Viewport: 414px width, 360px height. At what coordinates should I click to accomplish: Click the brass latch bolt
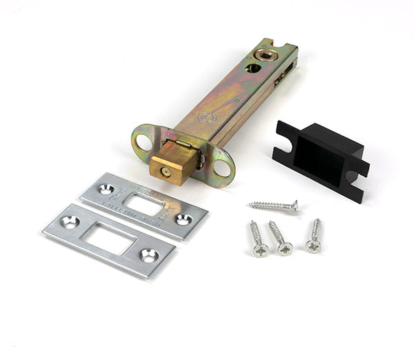pos(170,164)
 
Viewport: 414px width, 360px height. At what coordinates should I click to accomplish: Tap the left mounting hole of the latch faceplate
pos(144,142)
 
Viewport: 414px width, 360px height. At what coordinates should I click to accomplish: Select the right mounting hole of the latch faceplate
pos(222,168)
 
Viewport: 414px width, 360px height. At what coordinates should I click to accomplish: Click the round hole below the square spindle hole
pos(253,69)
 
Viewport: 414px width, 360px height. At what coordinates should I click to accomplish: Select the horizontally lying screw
pos(273,206)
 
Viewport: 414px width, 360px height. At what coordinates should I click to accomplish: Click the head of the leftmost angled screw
pos(260,250)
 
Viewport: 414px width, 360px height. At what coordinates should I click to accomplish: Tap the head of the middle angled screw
pos(285,248)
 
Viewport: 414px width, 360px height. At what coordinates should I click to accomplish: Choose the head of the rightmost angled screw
pos(313,245)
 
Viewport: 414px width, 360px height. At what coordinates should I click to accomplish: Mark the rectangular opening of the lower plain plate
pos(110,239)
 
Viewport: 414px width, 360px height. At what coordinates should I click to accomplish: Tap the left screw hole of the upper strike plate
pos(106,189)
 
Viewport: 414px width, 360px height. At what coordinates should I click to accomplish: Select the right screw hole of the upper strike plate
pos(183,219)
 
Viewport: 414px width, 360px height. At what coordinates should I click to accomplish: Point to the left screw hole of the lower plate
pos(70,222)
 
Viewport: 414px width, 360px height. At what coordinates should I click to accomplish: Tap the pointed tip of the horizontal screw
pos(250,203)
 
